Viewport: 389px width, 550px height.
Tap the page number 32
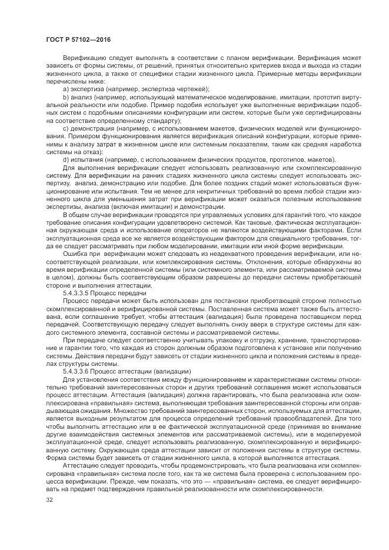pyautogui.click(x=49, y=501)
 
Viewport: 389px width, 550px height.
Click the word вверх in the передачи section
pyautogui.click(x=222, y=324)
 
